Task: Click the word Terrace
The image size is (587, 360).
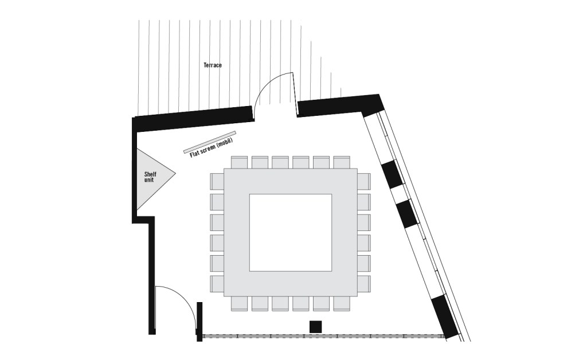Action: (212, 65)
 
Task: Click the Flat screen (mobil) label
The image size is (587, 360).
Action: (212, 147)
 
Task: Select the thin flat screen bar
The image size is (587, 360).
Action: (210, 142)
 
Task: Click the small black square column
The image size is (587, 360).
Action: (316, 326)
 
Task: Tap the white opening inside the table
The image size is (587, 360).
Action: (291, 232)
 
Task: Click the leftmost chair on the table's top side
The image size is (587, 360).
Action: (239, 162)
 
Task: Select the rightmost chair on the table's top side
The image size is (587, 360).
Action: (342, 162)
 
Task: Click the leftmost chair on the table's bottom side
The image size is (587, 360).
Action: (239, 303)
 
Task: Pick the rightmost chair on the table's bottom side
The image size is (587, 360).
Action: (342, 303)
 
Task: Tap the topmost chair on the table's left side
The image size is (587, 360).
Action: (217, 182)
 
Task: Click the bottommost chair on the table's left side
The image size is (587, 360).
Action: (217, 284)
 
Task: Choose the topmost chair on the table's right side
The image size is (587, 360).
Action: (364, 182)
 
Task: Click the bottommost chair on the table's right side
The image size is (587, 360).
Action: (364, 284)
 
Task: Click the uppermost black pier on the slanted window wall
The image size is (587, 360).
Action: (392, 174)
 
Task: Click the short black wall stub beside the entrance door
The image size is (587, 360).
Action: (199, 322)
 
